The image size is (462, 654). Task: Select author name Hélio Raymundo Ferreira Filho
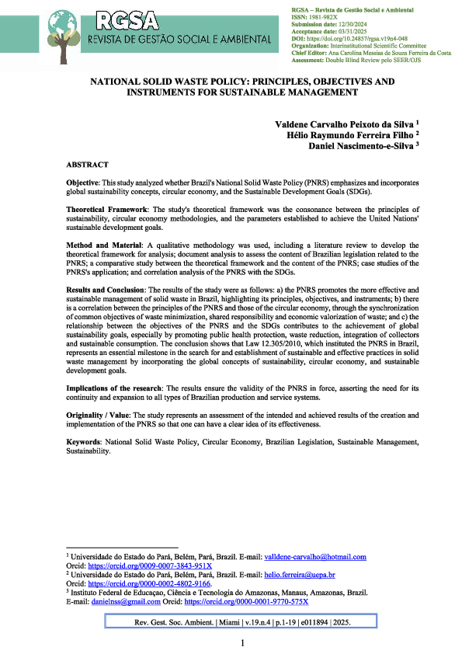point(349,134)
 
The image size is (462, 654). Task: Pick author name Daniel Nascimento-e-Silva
point(360,145)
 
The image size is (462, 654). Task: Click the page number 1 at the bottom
point(242,643)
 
